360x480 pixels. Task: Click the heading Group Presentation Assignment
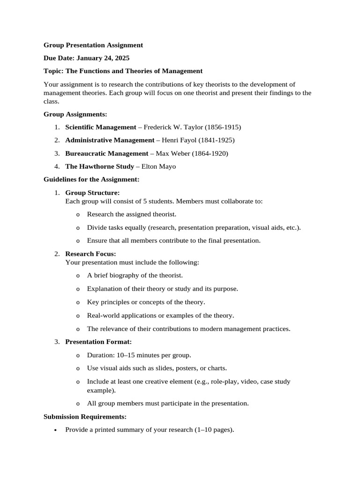pos(93,45)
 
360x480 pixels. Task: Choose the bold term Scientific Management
pos(100,127)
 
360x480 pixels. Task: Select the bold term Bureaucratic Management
pos(106,153)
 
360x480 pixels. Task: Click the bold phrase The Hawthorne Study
pos(99,166)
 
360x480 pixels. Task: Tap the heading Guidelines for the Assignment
pos(91,180)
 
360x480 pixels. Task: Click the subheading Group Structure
pos(92,193)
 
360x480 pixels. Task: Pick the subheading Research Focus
pos(90,254)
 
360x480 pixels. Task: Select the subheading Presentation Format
pos(98,342)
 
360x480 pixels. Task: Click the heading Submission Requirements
pos(85,416)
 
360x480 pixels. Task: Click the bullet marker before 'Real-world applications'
pos(77,316)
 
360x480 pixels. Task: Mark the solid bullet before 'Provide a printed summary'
pos(56,430)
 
